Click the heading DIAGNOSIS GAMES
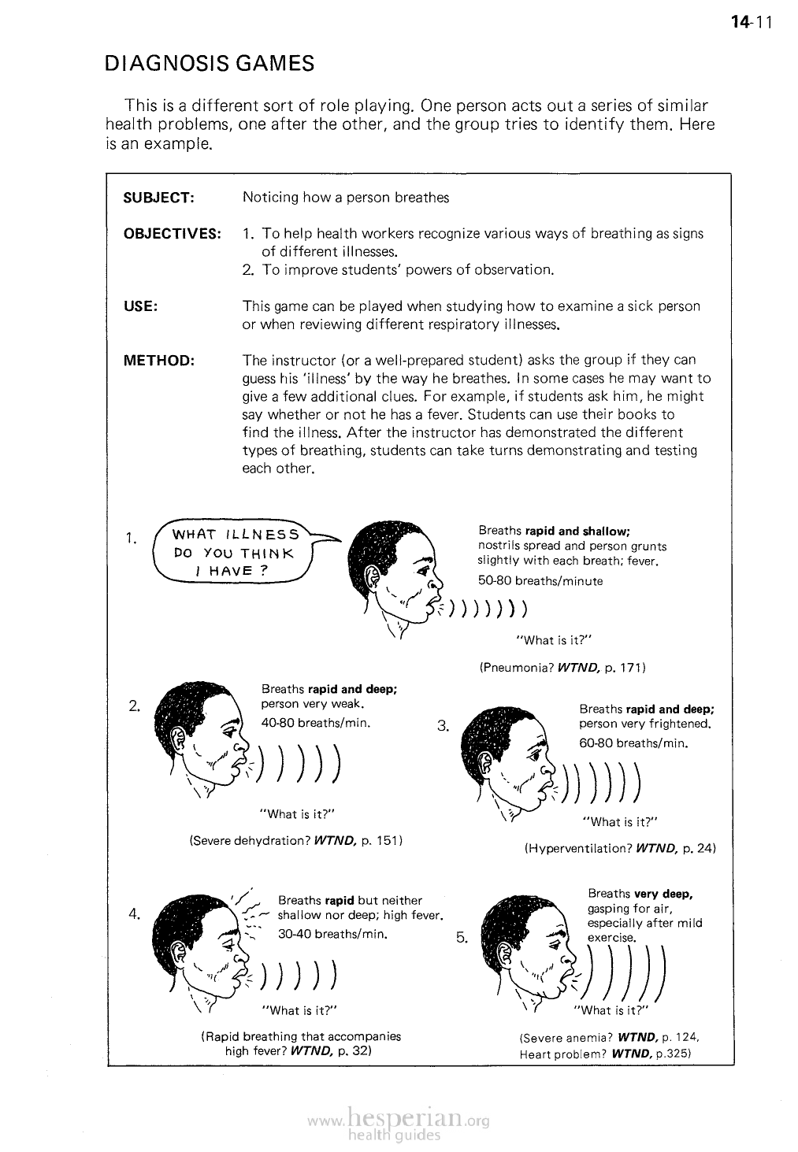[x=210, y=63]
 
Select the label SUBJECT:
[x=159, y=198]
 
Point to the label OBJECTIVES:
[x=173, y=234]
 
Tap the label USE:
[x=141, y=306]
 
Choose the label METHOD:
[x=159, y=361]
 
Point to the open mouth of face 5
[x=563, y=976]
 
